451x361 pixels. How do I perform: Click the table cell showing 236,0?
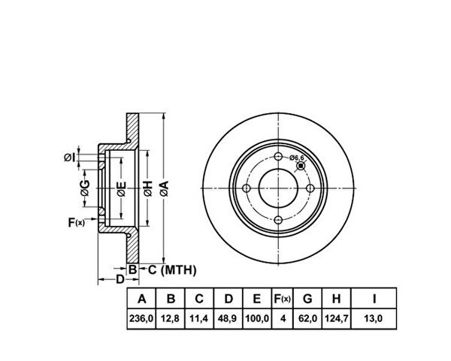(141, 318)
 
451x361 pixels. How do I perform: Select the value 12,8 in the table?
(171, 318)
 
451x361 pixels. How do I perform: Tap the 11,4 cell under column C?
(199, 318)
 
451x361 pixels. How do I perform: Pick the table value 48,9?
(228, 318)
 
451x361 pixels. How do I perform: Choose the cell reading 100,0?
(257, 318)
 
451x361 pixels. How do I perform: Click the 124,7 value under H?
(337, 318)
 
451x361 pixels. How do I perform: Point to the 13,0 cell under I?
(374, 318)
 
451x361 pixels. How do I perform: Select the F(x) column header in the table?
(282, 299)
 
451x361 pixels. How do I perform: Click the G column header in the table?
(307, 299)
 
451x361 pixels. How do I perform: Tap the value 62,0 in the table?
(307, 318)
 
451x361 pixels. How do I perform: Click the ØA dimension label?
(165, 188)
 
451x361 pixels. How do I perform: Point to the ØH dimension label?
(148, 188)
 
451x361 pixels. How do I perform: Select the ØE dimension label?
(122, 189)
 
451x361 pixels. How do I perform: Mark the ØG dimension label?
(85, 188)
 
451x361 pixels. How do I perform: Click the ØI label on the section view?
(70, 158)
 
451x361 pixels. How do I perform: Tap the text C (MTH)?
(172, 270)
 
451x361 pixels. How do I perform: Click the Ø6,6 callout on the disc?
(297, 157)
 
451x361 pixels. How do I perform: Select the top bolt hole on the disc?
(278, 157)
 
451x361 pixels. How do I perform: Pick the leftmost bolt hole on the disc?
(247, 188)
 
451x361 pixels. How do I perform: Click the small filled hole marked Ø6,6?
(301, 166)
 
